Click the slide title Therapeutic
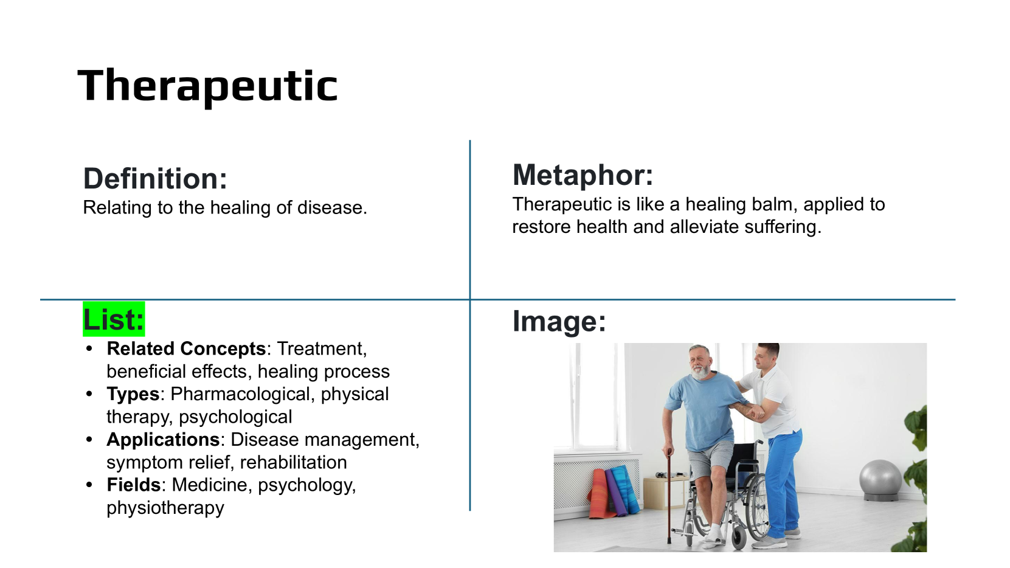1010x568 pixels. [x=207, y=86]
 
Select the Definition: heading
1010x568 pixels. [x=155, y=179]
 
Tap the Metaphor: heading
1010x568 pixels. [x=583, y=176]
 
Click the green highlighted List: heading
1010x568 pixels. [x=114, y=319]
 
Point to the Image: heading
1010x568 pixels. [x=559, y=321]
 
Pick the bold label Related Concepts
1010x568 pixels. [x=186, y=348]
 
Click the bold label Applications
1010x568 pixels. [x=163, y=440]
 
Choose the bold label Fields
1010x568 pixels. [x=134, y=485]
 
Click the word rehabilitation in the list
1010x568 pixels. [x=294, y=463]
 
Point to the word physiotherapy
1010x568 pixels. [x=165, y=508]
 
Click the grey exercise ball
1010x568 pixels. [x=880, y=479]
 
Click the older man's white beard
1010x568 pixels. [x=701, y=371]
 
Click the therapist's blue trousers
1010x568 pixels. [x=784, y=482]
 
